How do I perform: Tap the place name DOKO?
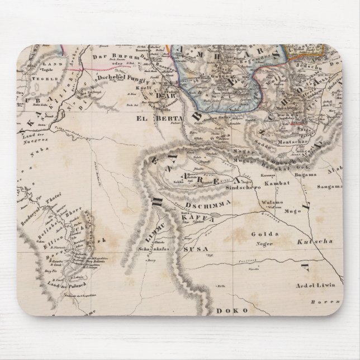coord(228,308)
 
